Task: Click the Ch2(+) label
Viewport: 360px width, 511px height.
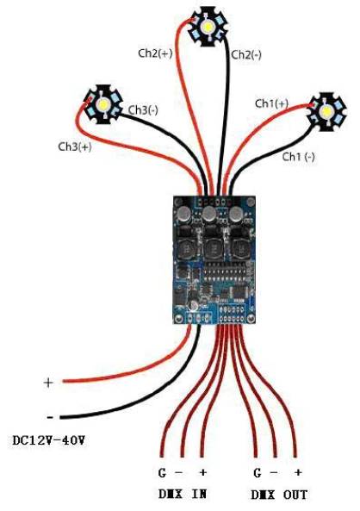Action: pyautogui.click(x=155, y=53)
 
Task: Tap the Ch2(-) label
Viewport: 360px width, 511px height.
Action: pyautogui.click(x=246, y=54)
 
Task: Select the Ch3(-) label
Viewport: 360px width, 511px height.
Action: pyautogui.click(x=143, y=109)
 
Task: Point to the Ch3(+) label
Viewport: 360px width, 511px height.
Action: pyautogui.click(x=75, y=146)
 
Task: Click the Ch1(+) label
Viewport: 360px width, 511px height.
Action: pyautogui.click(x=271, y=103)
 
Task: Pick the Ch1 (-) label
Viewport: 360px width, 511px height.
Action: pyautogui.click(x=299, y=157)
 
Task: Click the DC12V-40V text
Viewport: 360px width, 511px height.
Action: pyautogui.click(x=49, y=441)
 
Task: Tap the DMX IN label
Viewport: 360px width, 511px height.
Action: pyautogui.click(x=183, y=495)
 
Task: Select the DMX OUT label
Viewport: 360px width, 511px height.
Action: pyautogui.click(x=279, y=495)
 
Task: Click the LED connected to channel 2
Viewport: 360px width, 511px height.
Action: pyautogui.click(x=208, y=27)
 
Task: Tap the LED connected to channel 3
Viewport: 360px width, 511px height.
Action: pyautogui.click(x=103, y=104)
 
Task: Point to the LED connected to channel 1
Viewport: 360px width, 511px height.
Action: pyautogui.click(x=326, y=112)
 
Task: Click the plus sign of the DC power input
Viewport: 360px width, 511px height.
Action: pyautogui.click(x=48, y=383)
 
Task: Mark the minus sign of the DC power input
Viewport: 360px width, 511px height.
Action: pyautogui.click(x=50, y=417)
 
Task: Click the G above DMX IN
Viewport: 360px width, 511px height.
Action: pyautogui.click(x=162, y=472)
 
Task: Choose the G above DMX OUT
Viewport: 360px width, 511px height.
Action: pyautogui.click(x=258, y=472)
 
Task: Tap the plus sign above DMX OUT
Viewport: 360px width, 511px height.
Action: pyautogui.click(x=298, y=472)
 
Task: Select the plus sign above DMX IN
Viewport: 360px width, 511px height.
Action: pyautogui.click(x=202, y=472)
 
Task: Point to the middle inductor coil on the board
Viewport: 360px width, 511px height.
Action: pyautogui.click(x=214, y=249)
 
